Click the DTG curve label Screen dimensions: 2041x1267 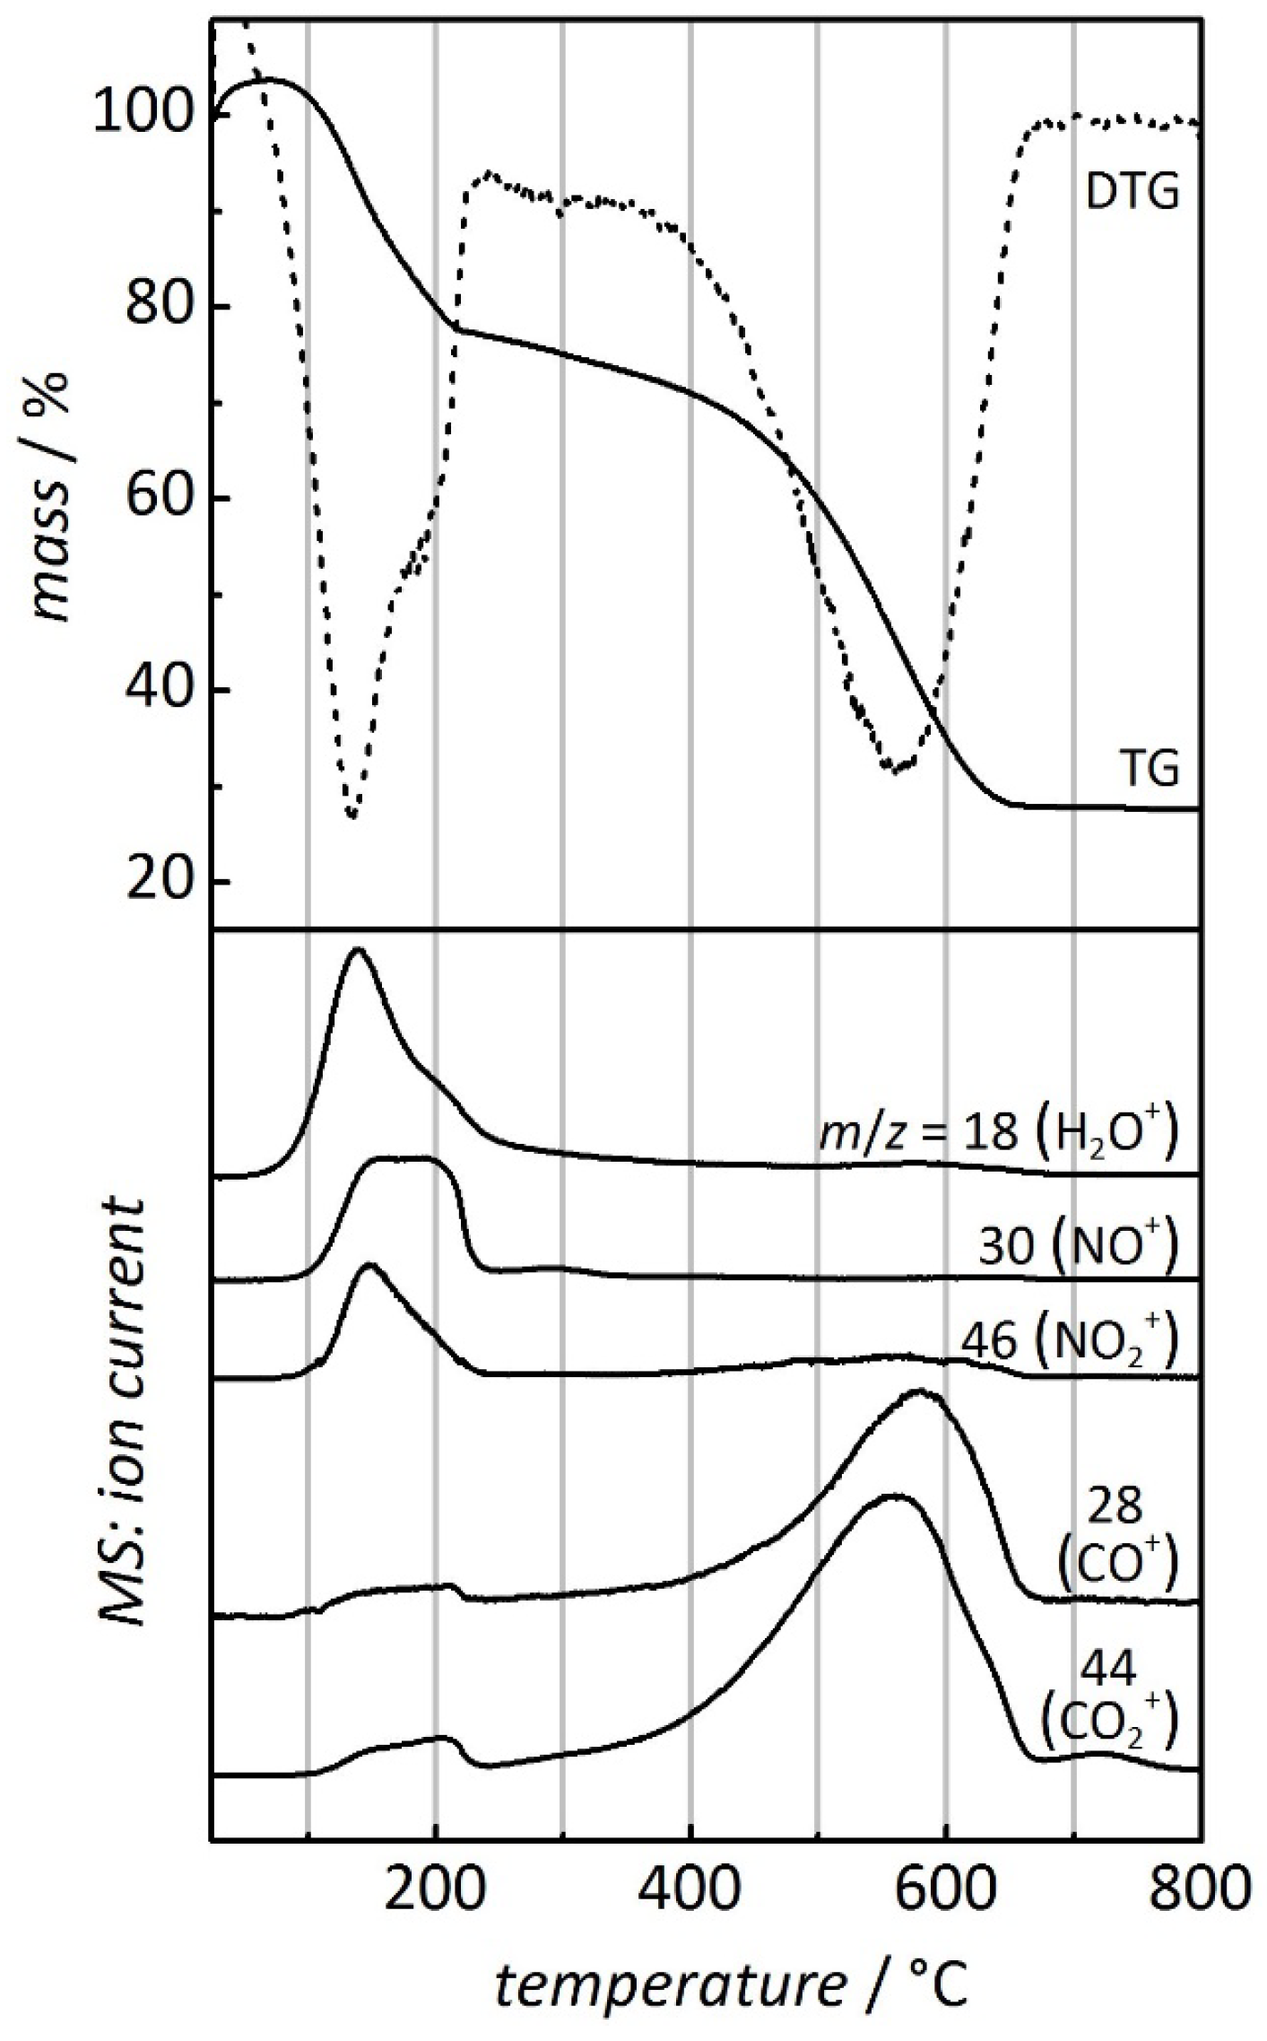tap(1132, 194)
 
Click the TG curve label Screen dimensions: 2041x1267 tap(1151, 770)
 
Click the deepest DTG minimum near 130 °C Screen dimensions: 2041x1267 tap(352, 815)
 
